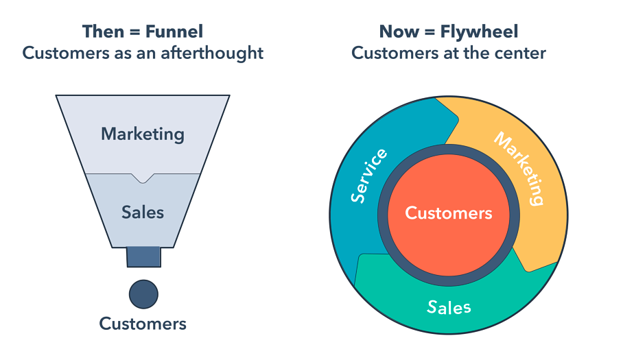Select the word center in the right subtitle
524,53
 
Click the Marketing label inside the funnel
143,133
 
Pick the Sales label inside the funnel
143,212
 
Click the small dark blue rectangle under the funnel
143,257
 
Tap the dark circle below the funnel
143,294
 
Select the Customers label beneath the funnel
143,323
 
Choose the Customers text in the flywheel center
448,213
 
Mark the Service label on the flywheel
368,176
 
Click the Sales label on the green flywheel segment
449,306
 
